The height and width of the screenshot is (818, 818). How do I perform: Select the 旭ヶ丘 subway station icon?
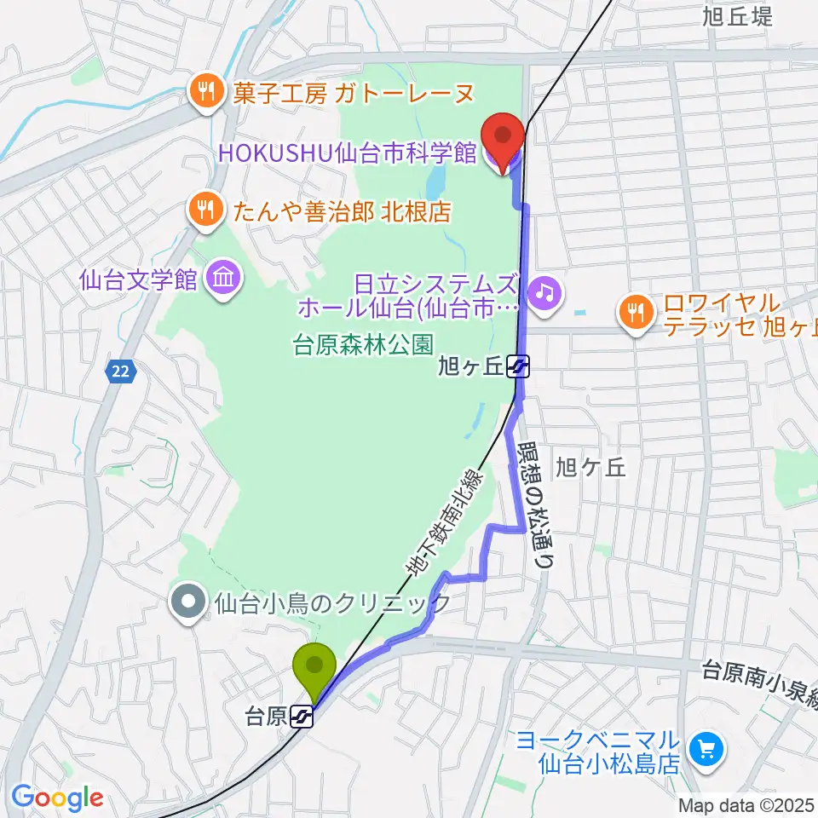click(518, 367)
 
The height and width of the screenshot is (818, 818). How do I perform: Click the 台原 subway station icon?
click(301, 717)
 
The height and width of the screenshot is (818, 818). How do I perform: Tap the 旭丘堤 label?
click(738, 15)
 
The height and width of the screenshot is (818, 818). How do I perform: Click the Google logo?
click(57, 798)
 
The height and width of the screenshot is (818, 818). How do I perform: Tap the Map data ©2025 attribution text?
click(746, 804)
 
